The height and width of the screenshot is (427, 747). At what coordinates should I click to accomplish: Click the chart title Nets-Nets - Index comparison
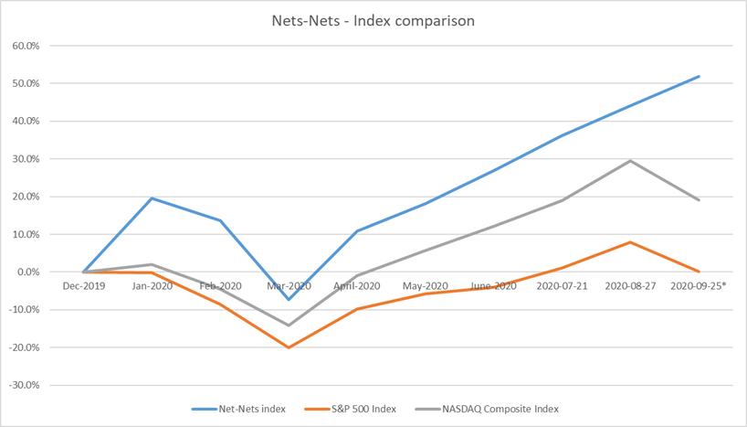tap(373, 21)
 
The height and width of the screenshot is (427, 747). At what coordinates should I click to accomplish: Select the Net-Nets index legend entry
tap(238, 409)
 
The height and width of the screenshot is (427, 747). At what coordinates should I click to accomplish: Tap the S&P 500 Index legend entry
tap(350, 409)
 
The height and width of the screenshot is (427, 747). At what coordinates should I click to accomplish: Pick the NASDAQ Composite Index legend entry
tap(487, 409)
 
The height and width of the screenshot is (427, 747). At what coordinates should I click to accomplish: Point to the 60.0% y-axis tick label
tap(26, 46)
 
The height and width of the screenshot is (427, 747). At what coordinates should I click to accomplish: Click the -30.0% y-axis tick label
tap(24, 385)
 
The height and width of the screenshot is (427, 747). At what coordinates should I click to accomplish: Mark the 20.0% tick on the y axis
tap(26, 197)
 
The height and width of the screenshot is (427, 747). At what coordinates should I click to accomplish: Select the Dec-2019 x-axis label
tap(84, 286)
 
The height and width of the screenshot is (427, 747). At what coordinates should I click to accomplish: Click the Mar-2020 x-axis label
tap(289, 286)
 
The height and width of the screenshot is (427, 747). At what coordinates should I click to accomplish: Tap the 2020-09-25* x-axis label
tap(699, 286)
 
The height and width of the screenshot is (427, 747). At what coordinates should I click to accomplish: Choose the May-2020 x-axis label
tap(426, 286)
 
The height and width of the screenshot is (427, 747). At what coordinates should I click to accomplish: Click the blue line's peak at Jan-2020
tap(152, 198)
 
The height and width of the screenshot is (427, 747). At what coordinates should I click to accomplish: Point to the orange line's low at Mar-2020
tap(289, 347)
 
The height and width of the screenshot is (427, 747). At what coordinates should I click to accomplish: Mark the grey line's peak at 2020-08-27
tap(630, 161)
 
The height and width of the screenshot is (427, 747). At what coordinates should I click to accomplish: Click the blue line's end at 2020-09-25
tap(699, 76)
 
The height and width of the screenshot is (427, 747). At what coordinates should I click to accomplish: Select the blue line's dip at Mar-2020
tap(289, 300)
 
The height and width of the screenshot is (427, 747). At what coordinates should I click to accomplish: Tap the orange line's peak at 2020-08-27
tap(630, 242)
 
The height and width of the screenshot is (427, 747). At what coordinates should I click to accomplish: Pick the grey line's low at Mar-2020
tap(289, 326)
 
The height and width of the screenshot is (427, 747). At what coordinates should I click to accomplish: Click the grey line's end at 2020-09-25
tap(699, 200)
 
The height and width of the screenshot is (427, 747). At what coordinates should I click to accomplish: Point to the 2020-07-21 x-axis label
tap(563, 286)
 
